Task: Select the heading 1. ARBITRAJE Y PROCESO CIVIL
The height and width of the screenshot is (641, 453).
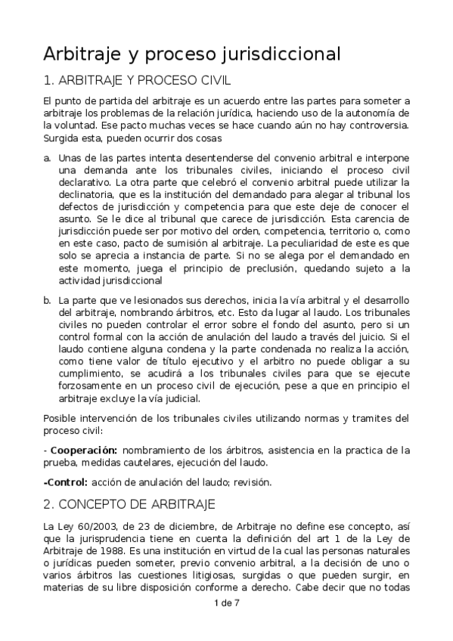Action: pyautogui.click(x=137, y=80)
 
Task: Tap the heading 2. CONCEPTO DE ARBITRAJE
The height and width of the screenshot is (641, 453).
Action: pyautogui.click(x=130, y=503)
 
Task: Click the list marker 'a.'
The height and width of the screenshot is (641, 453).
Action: pyautogui.click(x=48, y=157)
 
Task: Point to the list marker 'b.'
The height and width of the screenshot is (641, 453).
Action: pyautogui.click(x=48, y=300)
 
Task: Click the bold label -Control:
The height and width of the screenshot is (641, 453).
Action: pyautogui.click(x=66, y=482)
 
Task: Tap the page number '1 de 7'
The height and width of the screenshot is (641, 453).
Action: pyautogui.click(x=226, y=602)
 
